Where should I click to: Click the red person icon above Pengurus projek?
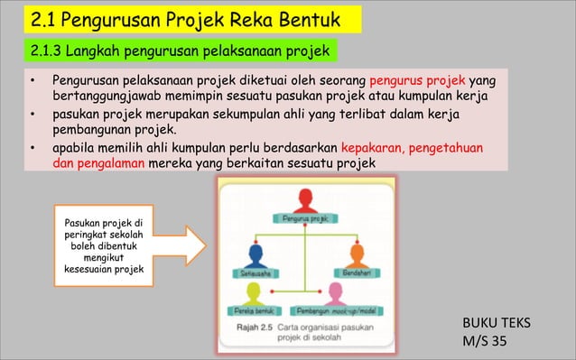(305, 198)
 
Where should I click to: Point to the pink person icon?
(337, 292)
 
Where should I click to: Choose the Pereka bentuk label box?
(255, 310)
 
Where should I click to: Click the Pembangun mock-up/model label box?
(343, 310)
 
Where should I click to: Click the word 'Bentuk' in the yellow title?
(297, 18)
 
